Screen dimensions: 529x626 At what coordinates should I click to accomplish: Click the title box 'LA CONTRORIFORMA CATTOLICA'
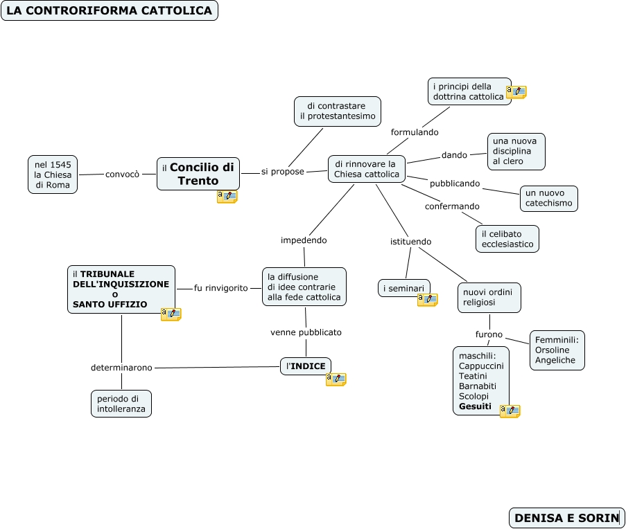coord(110,10)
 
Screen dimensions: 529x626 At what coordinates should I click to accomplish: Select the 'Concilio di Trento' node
coord(198,174)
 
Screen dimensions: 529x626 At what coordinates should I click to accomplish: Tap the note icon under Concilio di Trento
coord(227,197)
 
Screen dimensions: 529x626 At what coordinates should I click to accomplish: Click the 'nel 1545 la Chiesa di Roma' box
coord(53,174)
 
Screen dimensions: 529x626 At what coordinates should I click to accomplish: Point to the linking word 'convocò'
coord(122,174)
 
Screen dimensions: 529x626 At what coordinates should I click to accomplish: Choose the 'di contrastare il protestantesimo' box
coord(338,111)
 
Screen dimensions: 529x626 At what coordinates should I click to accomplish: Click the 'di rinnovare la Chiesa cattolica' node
coord(367,169)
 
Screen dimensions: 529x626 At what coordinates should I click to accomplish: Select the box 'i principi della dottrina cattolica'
coord(469,91)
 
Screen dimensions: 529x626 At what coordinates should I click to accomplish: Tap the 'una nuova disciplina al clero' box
coord(516,151)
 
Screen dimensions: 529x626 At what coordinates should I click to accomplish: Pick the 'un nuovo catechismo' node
coord(548,198)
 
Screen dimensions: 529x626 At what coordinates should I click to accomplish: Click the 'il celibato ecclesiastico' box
coord(507,239)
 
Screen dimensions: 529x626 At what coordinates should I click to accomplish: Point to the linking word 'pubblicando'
coord(455,183)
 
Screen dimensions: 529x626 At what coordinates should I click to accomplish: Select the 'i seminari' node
coord(403,288)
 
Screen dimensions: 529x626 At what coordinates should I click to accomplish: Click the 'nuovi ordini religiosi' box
coord(489,298)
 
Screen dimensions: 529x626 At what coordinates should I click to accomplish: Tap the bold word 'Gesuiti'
coord(475,406)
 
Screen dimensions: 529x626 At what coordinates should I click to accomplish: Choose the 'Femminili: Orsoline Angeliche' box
coord(557,350)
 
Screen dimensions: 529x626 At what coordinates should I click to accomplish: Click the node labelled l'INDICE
coord(306,366)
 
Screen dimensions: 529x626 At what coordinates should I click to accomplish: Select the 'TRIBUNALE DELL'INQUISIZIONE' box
coord(121,289)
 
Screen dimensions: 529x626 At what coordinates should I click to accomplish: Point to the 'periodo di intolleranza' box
coord(121,404)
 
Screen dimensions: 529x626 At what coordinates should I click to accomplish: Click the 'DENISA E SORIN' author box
coord(566,518)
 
